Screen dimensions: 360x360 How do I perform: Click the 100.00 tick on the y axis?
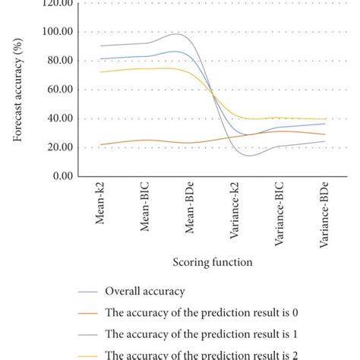point(57,32)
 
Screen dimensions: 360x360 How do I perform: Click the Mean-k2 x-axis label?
point(102,208)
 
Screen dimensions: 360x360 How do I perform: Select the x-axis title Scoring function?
point(213,261)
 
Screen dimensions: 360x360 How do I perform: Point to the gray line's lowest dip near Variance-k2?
point(248,156)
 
